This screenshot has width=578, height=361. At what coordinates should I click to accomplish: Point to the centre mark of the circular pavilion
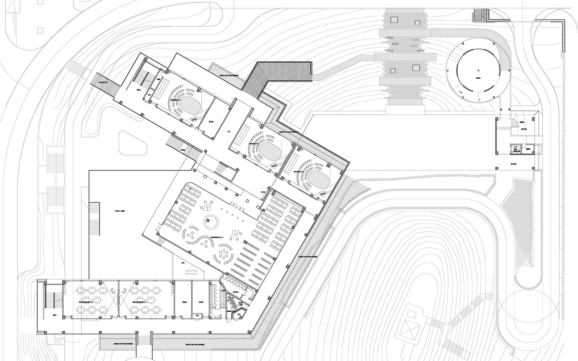point(478,70)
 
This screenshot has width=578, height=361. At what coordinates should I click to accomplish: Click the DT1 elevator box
point(516,149)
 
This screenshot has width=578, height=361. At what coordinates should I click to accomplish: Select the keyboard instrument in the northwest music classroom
point(195,119)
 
